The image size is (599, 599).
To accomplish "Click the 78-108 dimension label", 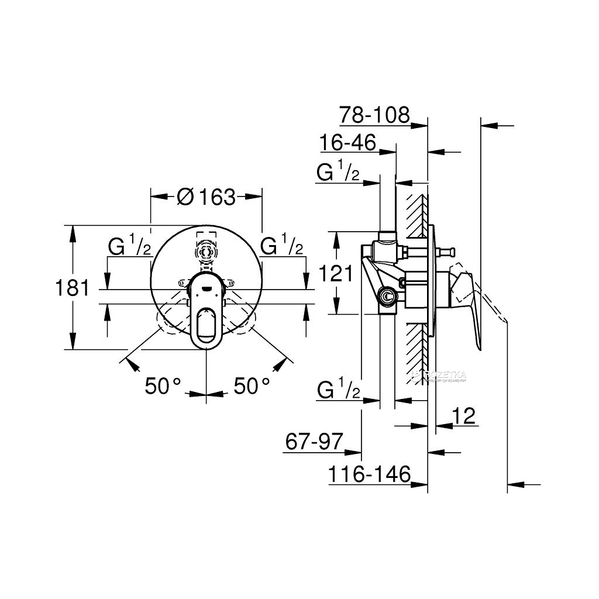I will tap(374, 115).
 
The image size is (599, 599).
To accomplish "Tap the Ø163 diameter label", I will tap(206, 197).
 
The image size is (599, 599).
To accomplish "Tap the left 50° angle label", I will tap(164, 385).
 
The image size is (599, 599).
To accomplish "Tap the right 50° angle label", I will tap(252, 385).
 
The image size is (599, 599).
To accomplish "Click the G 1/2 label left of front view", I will tap(129, 246).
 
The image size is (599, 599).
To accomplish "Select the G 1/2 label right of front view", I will tap(282, 246).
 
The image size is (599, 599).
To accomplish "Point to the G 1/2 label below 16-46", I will tap(338, 173).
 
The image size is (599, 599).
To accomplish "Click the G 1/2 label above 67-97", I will tap(338, 390).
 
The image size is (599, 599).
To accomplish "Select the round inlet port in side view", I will tap(386, 297).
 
